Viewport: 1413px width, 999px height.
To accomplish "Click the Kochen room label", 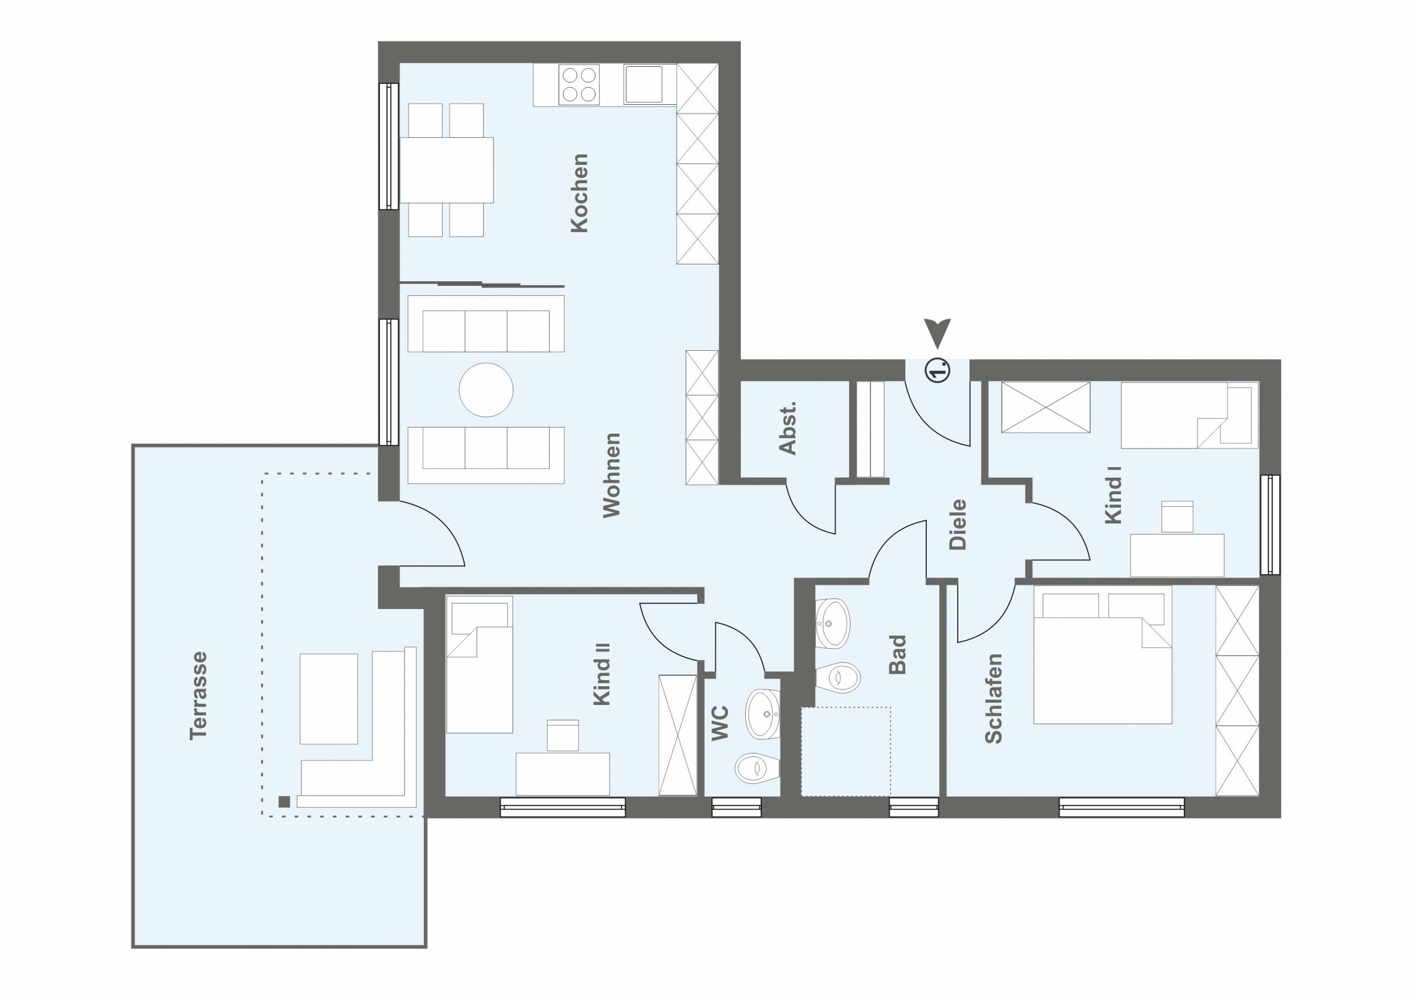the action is click(580, 193).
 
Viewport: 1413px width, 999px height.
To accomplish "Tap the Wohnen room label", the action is click(612, 476).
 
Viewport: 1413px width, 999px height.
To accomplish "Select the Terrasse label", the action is click(199, 695).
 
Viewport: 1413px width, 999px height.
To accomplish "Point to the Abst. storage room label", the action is click(788, 428).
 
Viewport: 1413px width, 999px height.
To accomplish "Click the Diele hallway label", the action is click(958, 524).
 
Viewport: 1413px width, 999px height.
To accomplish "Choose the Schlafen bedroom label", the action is click(994, 699).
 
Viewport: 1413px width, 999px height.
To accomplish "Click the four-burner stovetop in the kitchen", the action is click(579, 84).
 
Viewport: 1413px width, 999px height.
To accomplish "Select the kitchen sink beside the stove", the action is click(644, 84).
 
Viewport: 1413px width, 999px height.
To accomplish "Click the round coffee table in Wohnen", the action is click(486, 390).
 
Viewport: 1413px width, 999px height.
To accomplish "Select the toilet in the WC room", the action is click(758, 768).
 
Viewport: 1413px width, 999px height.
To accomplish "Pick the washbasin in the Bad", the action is click(833, 623).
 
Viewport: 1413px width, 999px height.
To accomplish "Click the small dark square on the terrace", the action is click(284, 802).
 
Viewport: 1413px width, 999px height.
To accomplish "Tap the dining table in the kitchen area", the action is click(447, 170).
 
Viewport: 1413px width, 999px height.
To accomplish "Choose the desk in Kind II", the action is click(562, 774).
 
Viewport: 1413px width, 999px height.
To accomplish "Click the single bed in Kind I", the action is click(1189, 415).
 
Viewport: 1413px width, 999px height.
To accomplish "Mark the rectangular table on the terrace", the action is click(328, 699).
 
